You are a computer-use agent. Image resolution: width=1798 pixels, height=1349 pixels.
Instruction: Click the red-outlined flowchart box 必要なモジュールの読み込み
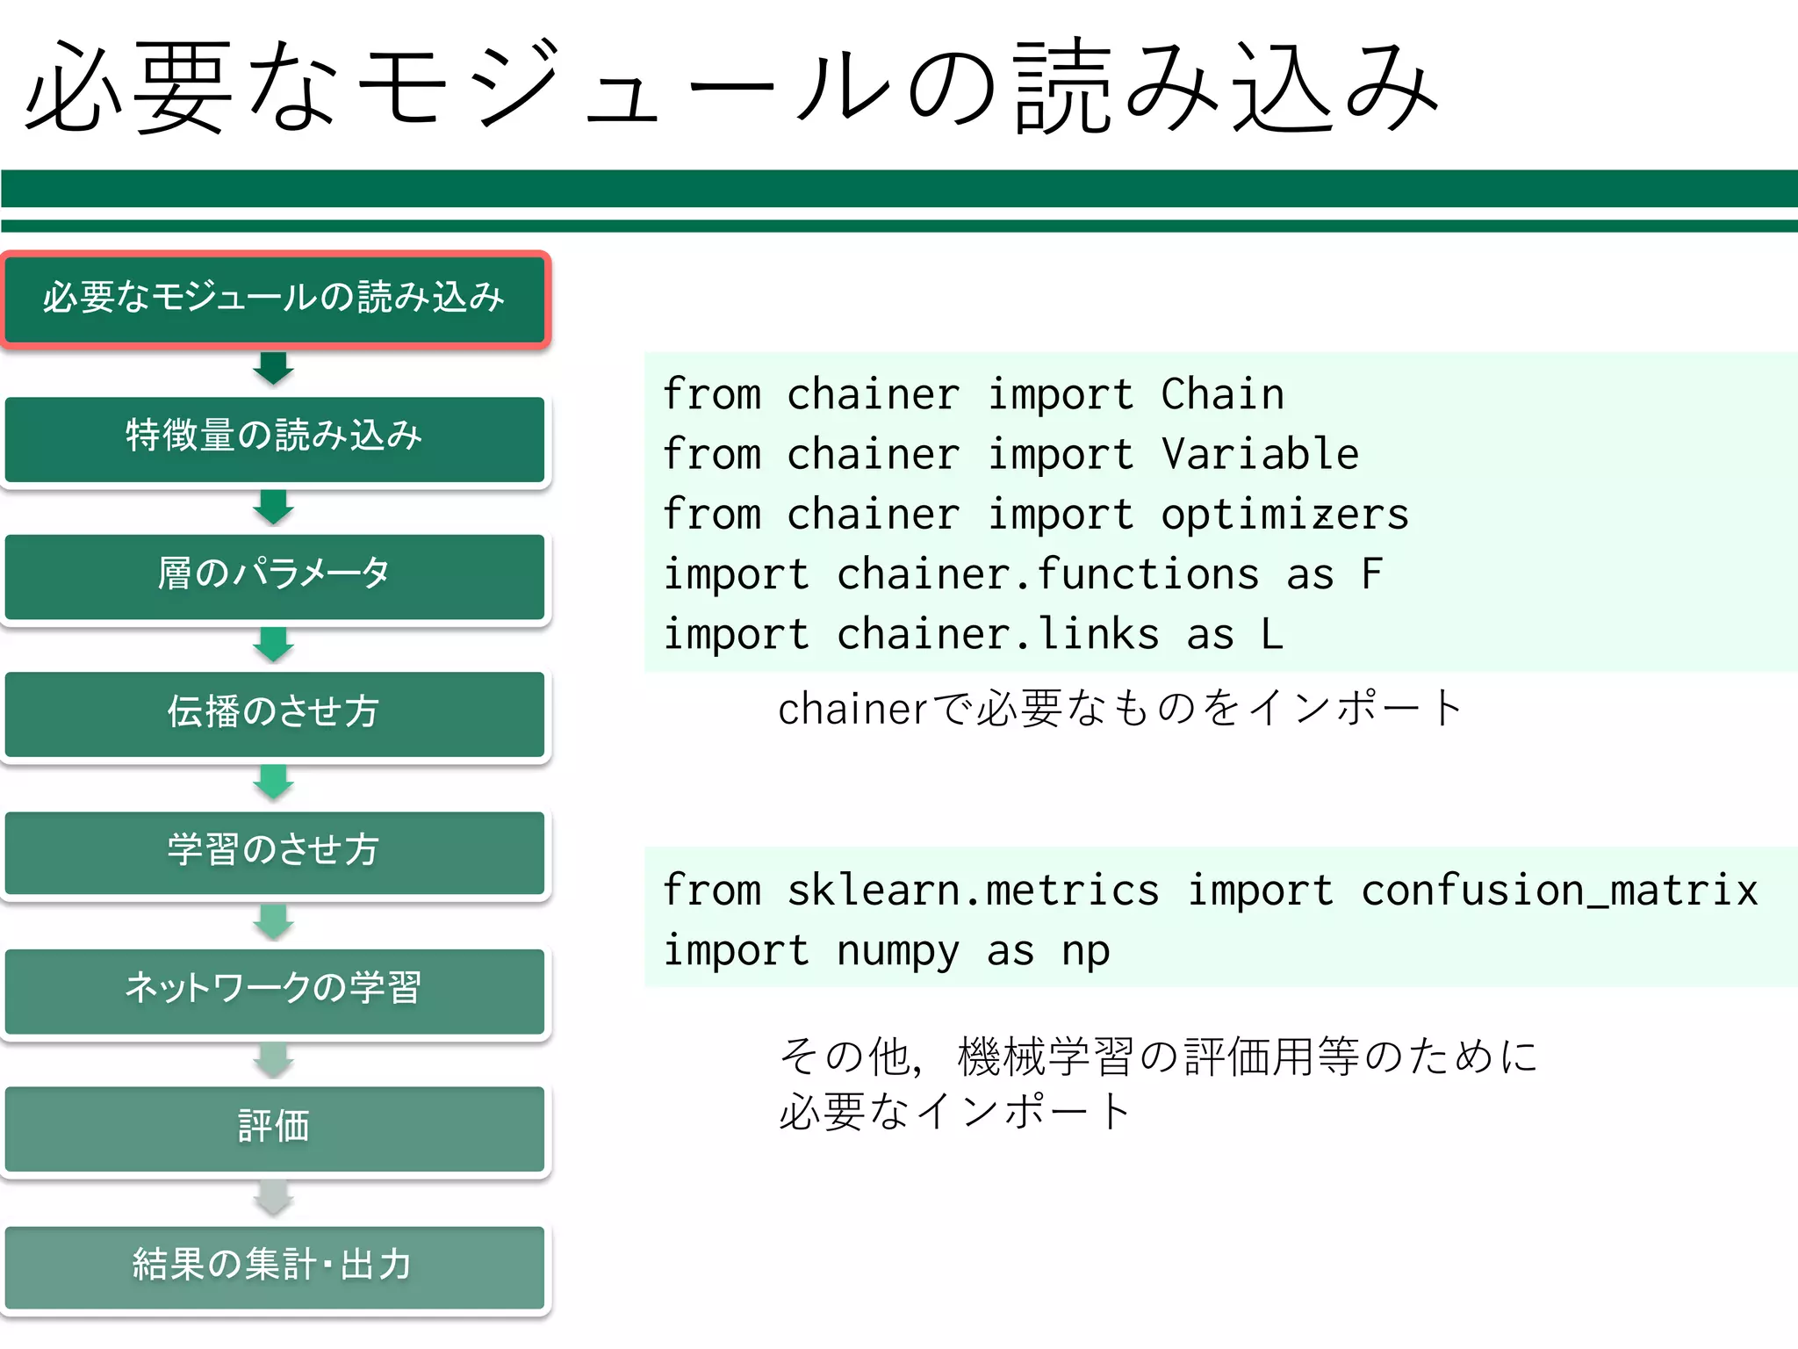click(x=275, y=299)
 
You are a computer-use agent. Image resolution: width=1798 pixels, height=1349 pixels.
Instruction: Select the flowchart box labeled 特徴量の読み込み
click(x=275, y=437)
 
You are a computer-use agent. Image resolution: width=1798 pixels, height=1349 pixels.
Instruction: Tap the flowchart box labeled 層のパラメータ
click(x=275, y=575)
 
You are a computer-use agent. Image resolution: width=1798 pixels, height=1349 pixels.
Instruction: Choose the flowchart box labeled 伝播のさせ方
click(x=275, y=713)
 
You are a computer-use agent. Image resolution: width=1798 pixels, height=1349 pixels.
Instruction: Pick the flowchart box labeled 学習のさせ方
click(x=275, y=851)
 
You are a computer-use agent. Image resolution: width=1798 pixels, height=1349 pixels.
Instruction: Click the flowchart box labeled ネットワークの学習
click(x=275, y=989)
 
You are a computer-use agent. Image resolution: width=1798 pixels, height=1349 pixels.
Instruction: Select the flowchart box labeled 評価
click(x=275, y=1128)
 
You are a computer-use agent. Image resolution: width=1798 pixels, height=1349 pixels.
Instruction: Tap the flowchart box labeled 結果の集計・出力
click(x=275, y=1266)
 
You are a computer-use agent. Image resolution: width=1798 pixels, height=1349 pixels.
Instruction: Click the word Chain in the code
click(x=1222, y=393)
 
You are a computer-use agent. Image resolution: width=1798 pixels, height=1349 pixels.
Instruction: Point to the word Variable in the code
click(x=1260, y=454)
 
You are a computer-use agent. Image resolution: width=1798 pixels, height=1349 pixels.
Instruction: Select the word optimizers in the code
click(x=1284, y=515)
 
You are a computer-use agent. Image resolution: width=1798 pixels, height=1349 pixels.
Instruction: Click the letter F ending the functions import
click(x=1371, y=574)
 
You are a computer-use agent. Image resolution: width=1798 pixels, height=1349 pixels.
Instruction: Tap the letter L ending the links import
click(x=1271, y=634)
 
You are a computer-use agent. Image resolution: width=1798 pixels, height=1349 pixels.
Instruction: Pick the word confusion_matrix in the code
click(x=1559, y=891)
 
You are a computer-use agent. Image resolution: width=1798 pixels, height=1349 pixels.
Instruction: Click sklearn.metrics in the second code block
click(x=973, y=891)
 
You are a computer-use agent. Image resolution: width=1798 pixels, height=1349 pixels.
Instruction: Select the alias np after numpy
click(x=1085, y=951)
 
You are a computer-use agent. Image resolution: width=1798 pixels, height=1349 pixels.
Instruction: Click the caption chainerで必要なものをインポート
click(x=1119, y=708)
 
